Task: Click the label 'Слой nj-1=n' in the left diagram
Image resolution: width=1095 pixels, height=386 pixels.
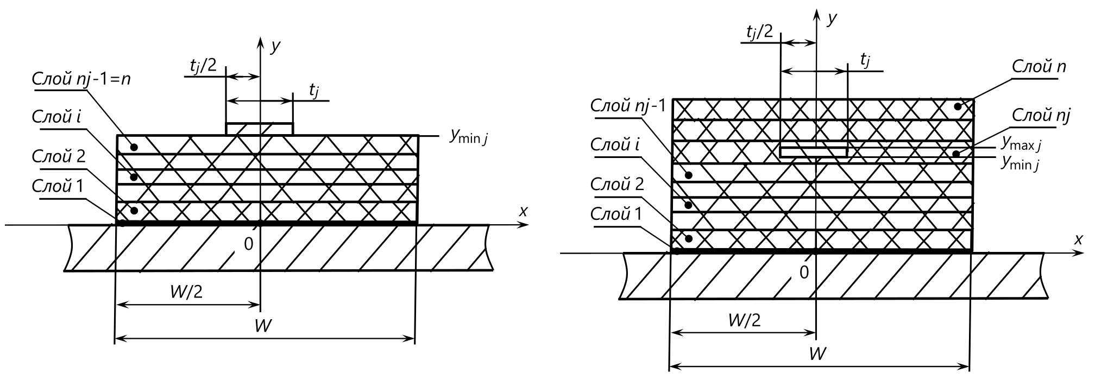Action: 81,79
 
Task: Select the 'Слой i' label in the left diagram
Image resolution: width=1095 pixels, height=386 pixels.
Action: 56,117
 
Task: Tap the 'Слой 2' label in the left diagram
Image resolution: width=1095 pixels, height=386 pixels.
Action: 59,157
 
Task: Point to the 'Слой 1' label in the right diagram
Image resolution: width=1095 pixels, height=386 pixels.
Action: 616,214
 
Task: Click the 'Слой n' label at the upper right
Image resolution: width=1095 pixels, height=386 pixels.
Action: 1039,67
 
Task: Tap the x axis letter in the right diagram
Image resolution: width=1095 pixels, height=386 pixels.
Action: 1079,239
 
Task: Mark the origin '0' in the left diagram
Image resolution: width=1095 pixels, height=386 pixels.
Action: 248,245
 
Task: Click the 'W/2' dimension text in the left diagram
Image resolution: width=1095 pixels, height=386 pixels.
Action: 186,292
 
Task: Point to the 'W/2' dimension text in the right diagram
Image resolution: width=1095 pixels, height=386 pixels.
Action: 744,320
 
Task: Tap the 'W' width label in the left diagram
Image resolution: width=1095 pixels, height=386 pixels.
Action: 263,326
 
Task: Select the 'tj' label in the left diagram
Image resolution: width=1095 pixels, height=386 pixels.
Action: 314,91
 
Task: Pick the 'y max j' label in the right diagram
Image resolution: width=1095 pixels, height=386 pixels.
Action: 1022,143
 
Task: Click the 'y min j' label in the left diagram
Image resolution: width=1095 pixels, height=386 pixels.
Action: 468,136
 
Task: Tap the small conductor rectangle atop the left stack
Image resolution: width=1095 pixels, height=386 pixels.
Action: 260,129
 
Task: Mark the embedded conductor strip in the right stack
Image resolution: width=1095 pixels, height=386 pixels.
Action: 813,151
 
